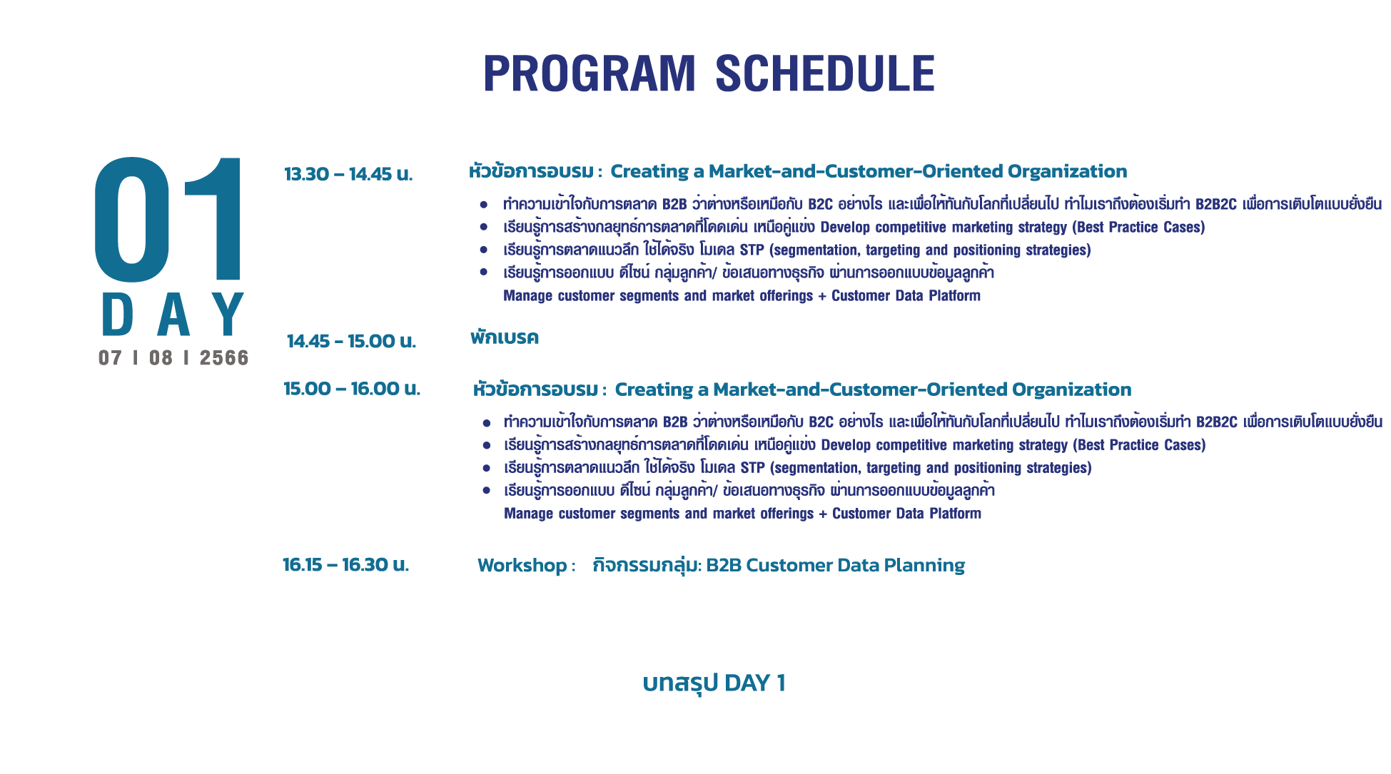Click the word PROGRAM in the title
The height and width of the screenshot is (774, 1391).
(589, 73)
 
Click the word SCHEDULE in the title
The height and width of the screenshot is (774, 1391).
(825, 73)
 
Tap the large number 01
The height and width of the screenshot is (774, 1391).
(168, 219)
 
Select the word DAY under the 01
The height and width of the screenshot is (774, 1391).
(173, 315)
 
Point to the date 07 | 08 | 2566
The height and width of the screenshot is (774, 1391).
(173, 357)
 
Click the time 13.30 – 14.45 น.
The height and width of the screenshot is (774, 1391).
(348, 174)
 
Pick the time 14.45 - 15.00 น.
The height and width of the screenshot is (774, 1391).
(351, 341)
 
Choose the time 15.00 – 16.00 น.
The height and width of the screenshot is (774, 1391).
(352, 389)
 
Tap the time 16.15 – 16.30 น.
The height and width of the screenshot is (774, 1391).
(345, 565)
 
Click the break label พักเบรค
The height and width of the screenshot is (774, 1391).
(505, 337)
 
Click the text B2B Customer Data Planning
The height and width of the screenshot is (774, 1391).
(835, 565)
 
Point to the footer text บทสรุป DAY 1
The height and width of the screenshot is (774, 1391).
(714, 683)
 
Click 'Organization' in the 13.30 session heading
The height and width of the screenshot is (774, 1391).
(1067, 172)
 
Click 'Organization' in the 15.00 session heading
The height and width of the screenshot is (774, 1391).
(1071, 390)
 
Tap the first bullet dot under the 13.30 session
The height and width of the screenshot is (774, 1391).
(484, 205)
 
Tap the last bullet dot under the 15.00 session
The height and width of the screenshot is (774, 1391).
(487, 491)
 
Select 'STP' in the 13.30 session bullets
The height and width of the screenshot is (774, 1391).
(752, 250)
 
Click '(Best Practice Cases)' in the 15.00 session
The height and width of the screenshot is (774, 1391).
(1139, 445)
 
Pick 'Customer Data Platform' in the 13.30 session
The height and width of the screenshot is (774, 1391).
(906, 295)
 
